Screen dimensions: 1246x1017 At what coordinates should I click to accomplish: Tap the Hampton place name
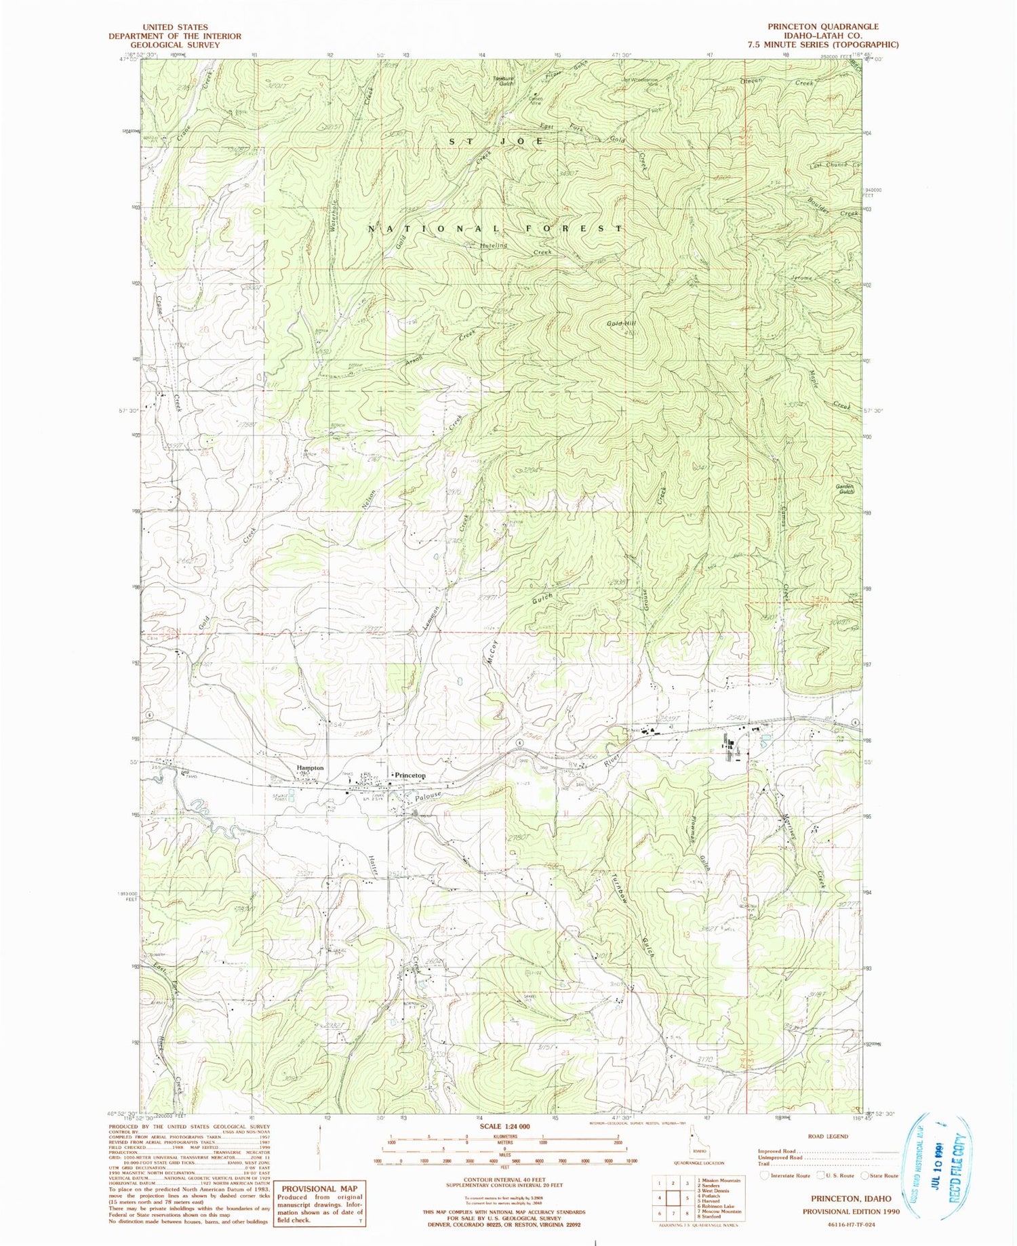click(310, 768)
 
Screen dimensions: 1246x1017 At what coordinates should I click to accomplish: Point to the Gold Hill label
click(622, 324)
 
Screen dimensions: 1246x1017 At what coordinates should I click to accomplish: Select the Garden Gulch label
click(844, 489)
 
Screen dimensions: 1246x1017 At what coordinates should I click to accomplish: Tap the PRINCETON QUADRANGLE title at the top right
click(822, 26)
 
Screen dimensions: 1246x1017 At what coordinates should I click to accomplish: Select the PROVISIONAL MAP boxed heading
click(319, 1189)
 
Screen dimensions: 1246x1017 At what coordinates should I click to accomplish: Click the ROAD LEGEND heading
click(827, 1136)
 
